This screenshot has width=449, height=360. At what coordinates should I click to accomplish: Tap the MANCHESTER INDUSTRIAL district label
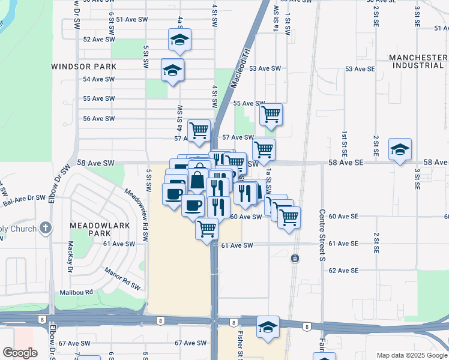[x=418, y=61]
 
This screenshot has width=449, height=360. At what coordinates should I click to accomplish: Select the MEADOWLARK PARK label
[x=90, y=228]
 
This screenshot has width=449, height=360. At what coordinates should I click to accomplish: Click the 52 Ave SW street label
[x=99, y=39]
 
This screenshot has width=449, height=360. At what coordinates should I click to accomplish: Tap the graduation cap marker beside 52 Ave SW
[x=179, y=40]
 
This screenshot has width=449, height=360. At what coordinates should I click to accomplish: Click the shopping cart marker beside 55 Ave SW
[x=271, y=113]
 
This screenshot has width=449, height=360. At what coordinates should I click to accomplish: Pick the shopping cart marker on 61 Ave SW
[x=207, y=229]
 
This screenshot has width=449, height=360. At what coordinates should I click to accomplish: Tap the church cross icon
[x=45, y=228]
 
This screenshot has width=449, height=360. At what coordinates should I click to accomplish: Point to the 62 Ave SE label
[x=343, y=271]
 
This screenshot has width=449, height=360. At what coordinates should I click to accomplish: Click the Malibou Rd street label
[x=76, y=292]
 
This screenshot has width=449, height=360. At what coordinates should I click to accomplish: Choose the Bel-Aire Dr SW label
[x=25, y=197]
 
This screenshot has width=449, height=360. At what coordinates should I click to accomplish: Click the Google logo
[x=20, y=352]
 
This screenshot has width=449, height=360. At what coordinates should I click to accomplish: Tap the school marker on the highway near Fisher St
[x=268, y=327]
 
